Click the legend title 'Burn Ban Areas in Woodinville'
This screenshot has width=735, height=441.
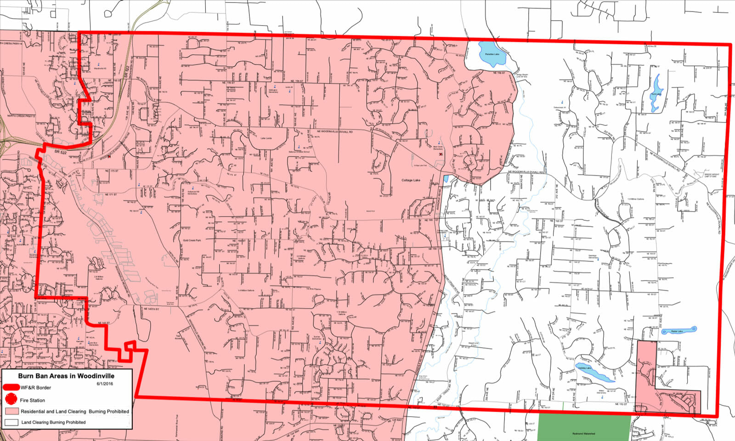(x=66, y=376)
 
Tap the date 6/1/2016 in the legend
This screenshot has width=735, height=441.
(x=105, y=384)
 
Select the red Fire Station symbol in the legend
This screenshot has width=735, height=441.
(x=11, y=400)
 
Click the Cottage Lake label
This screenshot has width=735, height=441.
(x=411, y=180)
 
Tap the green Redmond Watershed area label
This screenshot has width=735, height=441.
(x=583, y=434)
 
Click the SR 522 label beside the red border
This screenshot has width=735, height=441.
(x=61, y=152)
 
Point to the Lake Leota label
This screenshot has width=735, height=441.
(x=266, y=138)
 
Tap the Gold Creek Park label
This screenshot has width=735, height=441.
(x=192, y=240)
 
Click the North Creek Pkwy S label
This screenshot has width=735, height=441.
(x=21, y=116)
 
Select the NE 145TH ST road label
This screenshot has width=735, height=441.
(x=151, y=309)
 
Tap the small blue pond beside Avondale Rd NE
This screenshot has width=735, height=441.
(x=446, y=178)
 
